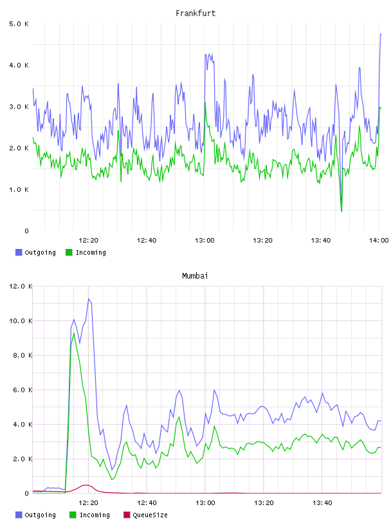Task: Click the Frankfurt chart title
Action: pos(195,14)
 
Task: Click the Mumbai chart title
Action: pos(195,276)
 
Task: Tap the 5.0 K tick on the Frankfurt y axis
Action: pos(19,24)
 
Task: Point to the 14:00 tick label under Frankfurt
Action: pos(379,240)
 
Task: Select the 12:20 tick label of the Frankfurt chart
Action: pos(88,240)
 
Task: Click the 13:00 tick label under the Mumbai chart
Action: pos(205,502)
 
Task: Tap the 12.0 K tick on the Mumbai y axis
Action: pos(21,286)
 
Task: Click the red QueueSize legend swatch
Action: pos(127,515)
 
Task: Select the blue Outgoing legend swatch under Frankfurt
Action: pos(19,252)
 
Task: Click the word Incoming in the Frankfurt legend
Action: pos(91,252)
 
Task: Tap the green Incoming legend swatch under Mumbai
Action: pos(72,515)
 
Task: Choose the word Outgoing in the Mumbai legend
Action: pos(40,515)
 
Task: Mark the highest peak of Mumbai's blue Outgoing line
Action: pos(89,299)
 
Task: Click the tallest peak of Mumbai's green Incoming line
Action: pos(74,333)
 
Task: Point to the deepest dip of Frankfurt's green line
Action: pos(341,212)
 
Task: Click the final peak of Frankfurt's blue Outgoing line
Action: pos(381,34)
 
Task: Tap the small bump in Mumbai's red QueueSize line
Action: pos(86,485)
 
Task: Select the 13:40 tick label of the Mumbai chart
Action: pos(322,502)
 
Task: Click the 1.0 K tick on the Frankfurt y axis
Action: pos(19,190)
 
